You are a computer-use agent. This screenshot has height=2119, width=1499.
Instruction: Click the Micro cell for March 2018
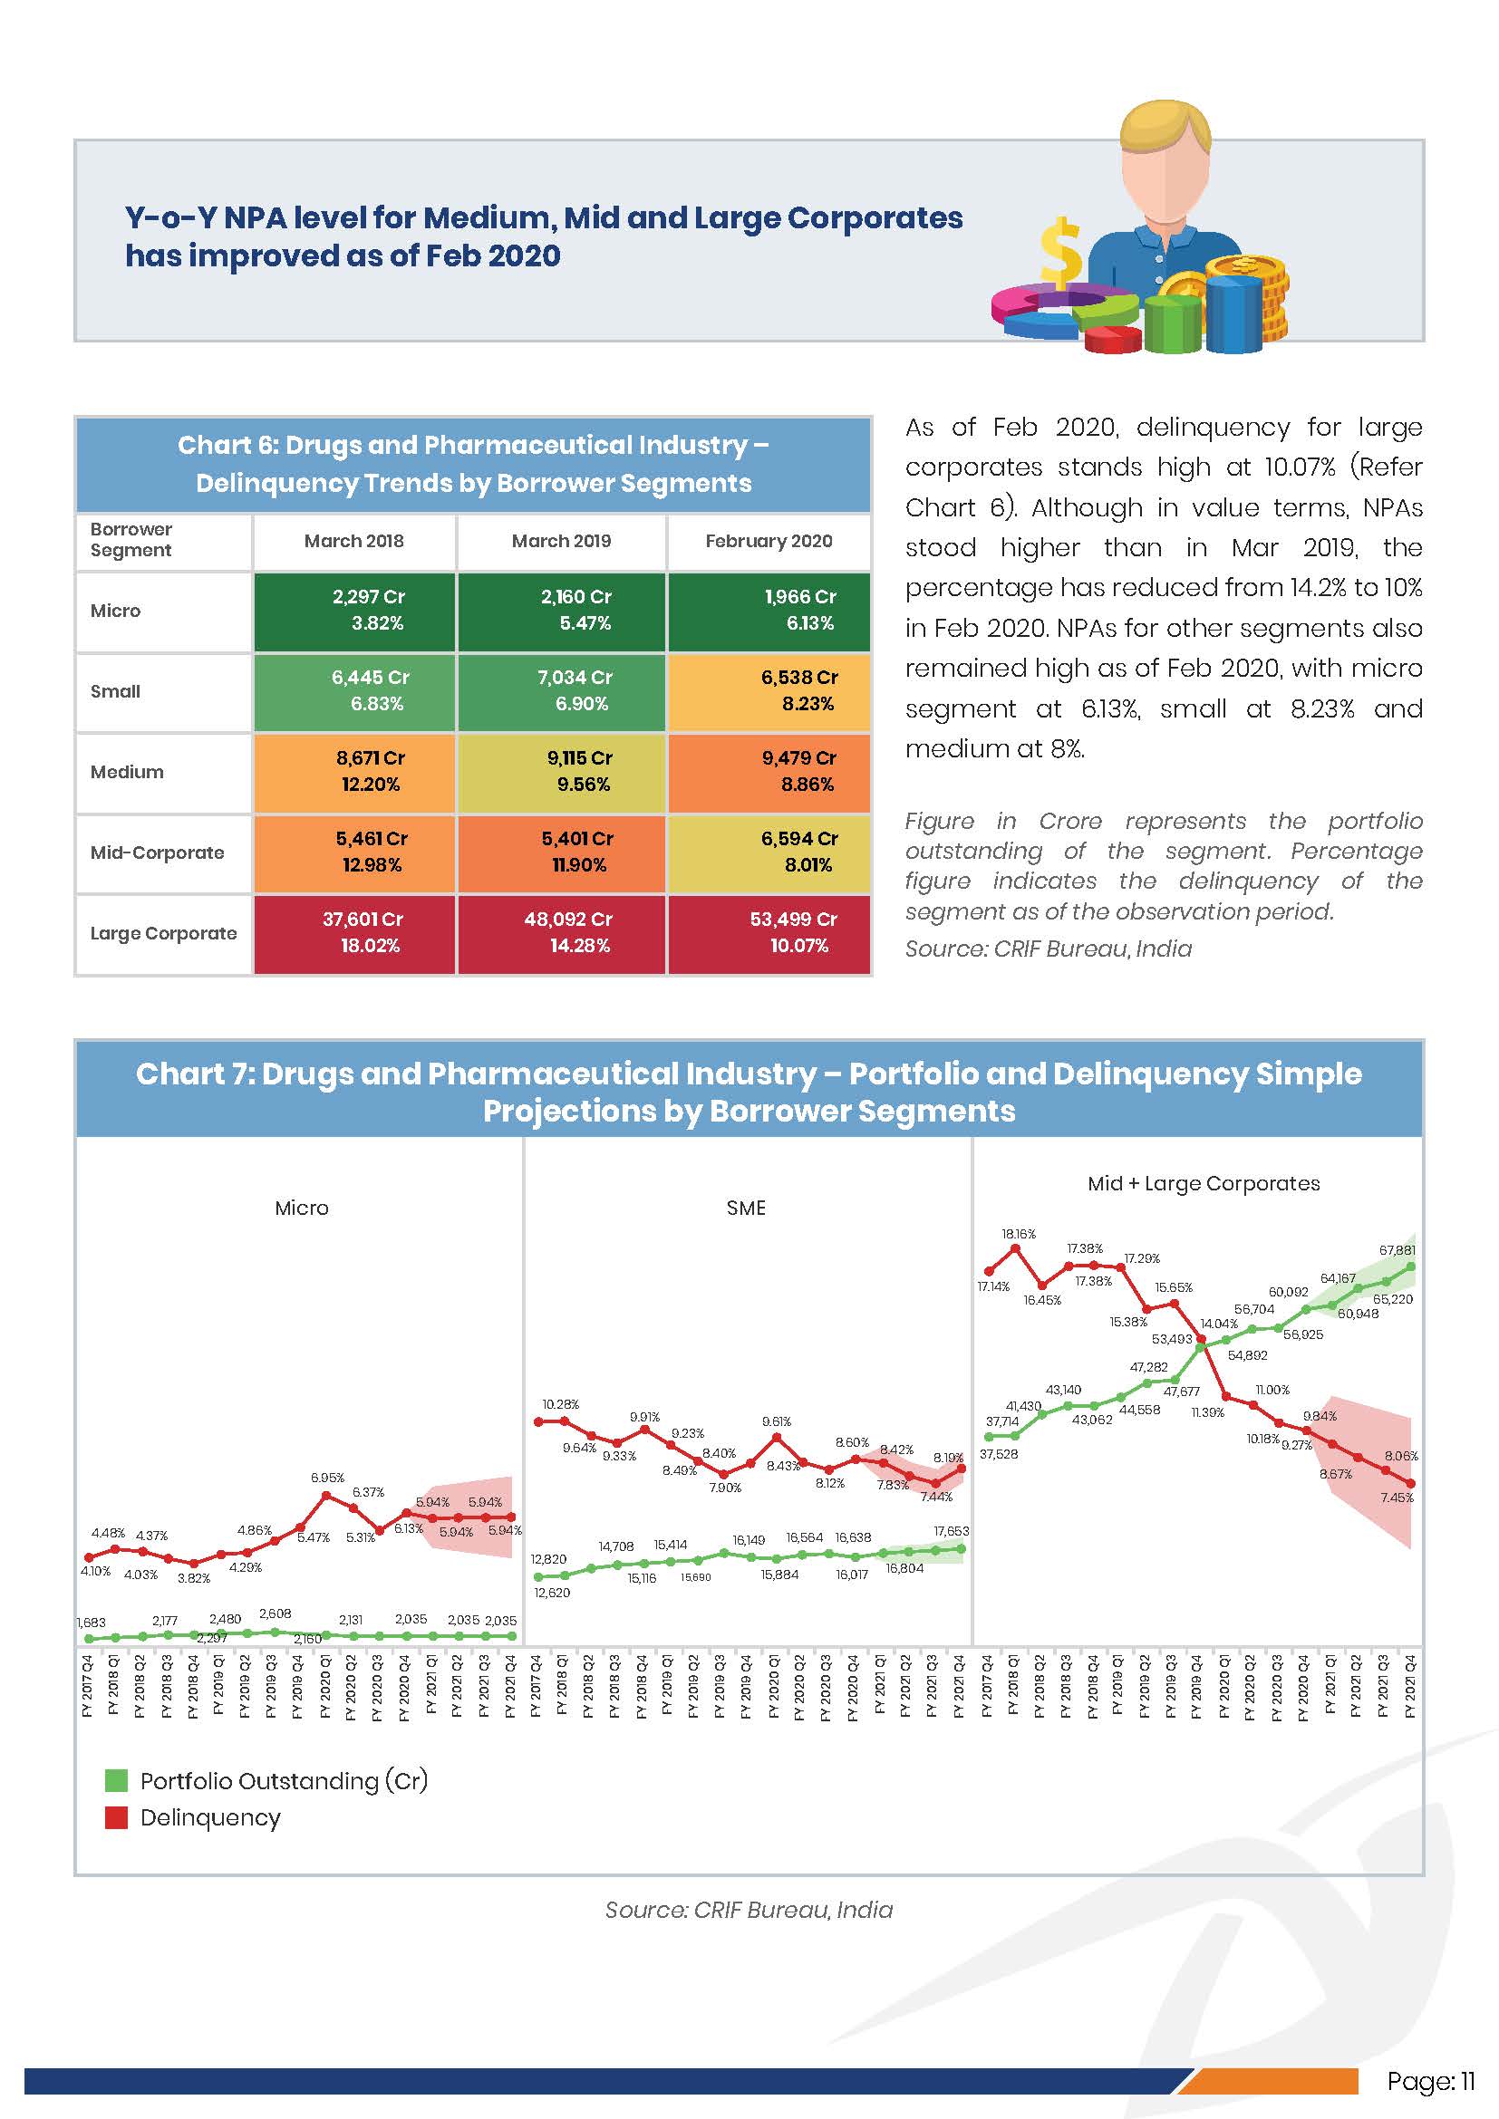point(354,610)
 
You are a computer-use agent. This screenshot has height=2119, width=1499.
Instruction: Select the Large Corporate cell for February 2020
point(769,933)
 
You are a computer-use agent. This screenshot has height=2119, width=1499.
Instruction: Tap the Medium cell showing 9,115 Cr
point(561,772)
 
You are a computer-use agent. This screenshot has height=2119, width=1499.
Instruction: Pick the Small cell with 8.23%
point(769,691)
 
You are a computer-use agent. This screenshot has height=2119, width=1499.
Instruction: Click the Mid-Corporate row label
point(157,852)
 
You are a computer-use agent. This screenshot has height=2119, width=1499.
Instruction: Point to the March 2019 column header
point(561,541)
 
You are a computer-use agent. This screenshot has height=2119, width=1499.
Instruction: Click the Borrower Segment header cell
point(131,540)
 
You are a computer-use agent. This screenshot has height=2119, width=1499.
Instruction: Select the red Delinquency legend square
point(116,1818)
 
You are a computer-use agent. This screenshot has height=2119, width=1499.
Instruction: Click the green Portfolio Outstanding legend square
point(116,1780)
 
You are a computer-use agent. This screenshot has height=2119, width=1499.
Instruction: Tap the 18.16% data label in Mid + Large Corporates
point(1018,1234)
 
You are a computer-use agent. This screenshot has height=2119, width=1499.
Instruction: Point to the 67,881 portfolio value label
point(1397,1250)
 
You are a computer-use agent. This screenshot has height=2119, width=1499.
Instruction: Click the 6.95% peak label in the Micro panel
point(327,1478)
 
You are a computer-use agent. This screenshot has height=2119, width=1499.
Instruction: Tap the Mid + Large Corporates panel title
point(1203,1184)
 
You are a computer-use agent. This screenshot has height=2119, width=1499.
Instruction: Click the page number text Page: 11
point(1430,2081)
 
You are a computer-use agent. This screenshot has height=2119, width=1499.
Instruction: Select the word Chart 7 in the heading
point(193,1074)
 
